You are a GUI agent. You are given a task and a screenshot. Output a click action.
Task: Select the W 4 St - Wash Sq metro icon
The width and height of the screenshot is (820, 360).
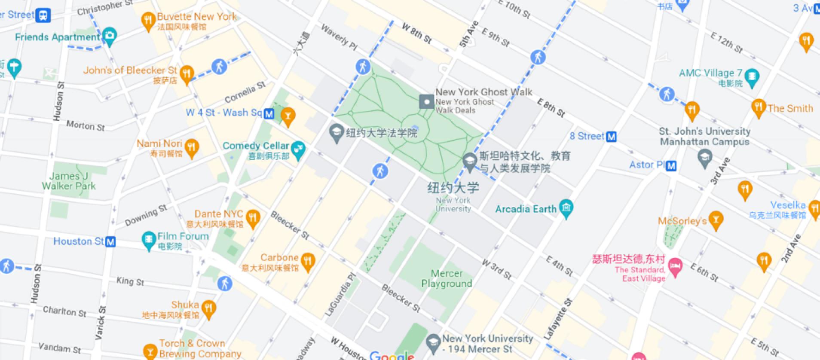[x=269, y=113]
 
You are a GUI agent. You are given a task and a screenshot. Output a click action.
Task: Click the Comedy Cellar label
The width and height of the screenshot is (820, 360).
[x=256, y=146]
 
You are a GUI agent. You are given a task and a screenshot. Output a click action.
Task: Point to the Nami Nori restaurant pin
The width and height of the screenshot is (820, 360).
[x=192, y=147]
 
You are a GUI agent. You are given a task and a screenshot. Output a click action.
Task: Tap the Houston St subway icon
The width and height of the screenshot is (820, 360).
[x=110, y=241]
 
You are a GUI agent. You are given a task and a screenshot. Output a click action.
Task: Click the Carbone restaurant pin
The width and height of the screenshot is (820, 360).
[x=308, y=261]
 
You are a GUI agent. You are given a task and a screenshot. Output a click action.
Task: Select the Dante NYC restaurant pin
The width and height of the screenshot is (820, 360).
[x=253, y=217]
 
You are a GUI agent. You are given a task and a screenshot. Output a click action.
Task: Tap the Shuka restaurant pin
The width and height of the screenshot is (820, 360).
[x=208, y=308]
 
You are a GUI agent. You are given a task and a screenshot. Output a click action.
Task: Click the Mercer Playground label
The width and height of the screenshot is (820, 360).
[x=447, y=278]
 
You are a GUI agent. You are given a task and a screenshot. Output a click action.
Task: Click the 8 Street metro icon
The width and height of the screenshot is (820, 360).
[x=611, y=137]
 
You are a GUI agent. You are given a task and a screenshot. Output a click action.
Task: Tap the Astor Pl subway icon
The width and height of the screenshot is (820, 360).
[x=671, y=165]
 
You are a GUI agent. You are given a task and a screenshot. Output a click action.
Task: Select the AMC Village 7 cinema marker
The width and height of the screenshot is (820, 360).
[x=752, y=76]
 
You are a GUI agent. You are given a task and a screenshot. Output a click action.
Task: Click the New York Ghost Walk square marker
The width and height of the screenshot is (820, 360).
[x=427, y=102]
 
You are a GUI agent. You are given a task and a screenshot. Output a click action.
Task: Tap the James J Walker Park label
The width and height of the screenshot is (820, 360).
[x=69, y=181]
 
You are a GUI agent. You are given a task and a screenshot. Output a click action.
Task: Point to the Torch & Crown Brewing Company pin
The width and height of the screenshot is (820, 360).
[x=150, y=350]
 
